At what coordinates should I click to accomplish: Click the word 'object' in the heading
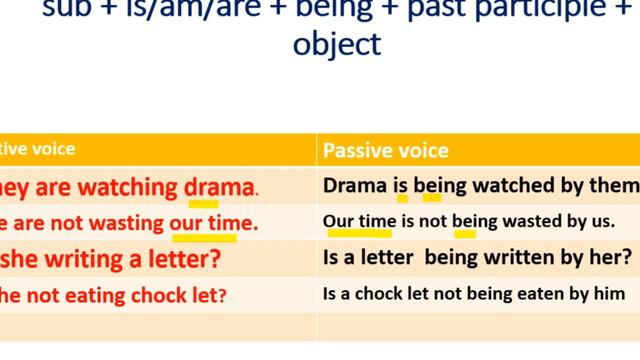(337, 44)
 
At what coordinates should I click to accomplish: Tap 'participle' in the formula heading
(543, 8)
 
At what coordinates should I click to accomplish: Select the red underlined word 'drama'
(220, 187)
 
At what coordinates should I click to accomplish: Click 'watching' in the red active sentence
(133, 187)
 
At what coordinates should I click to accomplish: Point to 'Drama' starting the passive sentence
(354, 186)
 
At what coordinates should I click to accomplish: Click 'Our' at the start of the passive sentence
(338, 221)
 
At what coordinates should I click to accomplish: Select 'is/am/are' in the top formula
(151, 8)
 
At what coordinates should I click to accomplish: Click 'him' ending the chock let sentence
(609, 294)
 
